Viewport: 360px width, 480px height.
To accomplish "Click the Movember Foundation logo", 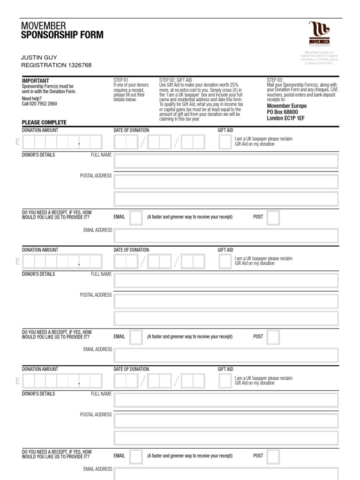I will click(319, 34).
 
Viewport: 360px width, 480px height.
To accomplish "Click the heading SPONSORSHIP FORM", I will click(62, 36).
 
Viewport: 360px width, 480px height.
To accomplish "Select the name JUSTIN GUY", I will click(39, 57).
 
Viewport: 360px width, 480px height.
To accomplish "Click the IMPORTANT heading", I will click(35, 81).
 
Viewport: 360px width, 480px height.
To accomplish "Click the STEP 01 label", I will click(120, 80).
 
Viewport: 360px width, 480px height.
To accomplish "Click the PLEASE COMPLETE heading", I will click(44, 122).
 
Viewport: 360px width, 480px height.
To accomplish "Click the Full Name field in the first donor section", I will click(226, 161).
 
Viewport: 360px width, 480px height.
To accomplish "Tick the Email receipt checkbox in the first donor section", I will click(136, 217).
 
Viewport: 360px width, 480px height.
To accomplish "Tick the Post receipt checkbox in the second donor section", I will click(273, 337).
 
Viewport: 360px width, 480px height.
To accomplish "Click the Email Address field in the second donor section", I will click(226, 356).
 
